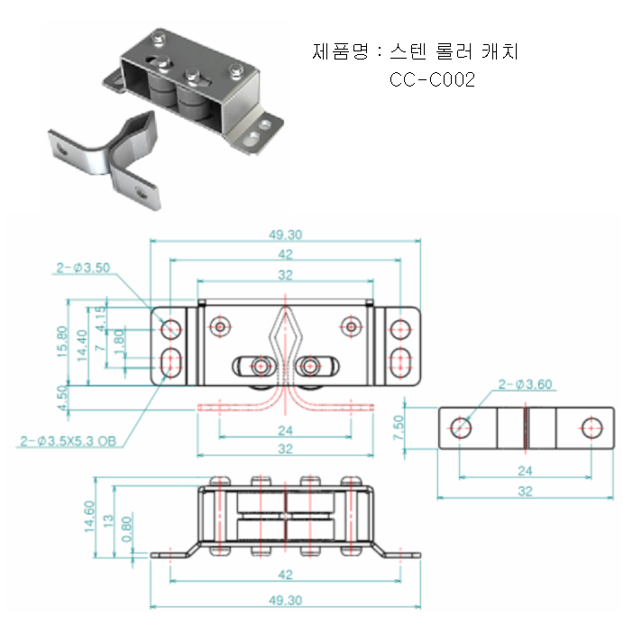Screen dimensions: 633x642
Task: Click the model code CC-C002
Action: (x=433, y=79)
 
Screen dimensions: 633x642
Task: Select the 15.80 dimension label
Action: (x=62, y=341)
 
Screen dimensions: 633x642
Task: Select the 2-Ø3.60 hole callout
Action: (x=527, y=385)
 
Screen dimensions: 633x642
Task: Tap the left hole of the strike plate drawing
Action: (x=461, y=427)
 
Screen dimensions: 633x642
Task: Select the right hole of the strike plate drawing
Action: (x=592, y=427)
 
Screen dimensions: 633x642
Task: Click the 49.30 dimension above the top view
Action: (x=286, y=235)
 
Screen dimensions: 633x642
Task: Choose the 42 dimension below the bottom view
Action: (x=286, y=573)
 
